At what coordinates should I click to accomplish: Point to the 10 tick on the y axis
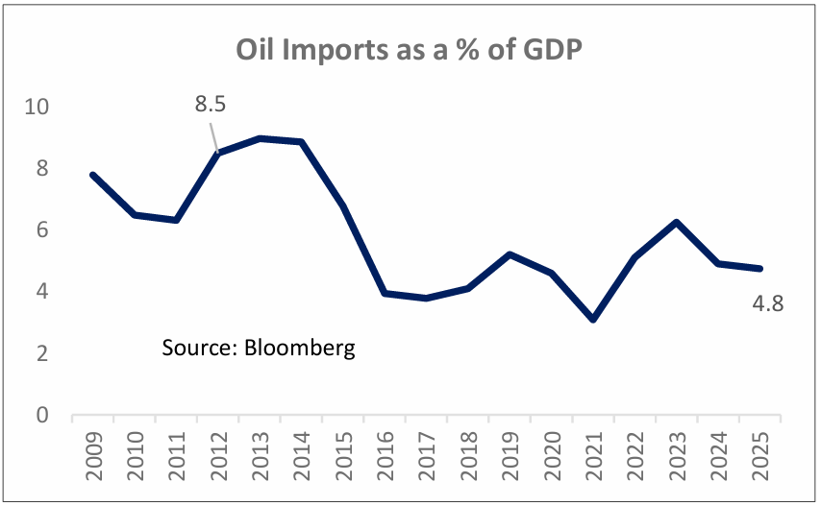point(36,107)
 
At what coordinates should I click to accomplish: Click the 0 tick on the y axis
point(41,416)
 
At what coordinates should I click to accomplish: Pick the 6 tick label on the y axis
point(41,230)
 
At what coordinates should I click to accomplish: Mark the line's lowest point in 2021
point(594,320)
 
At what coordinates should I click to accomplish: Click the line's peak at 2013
point(261,138)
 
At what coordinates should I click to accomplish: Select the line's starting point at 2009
point(92,175)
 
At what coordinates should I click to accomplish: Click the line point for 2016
point(386,293)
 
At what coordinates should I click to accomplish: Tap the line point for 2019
point(510,254)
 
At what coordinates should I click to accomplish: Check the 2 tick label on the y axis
point(41,354)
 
